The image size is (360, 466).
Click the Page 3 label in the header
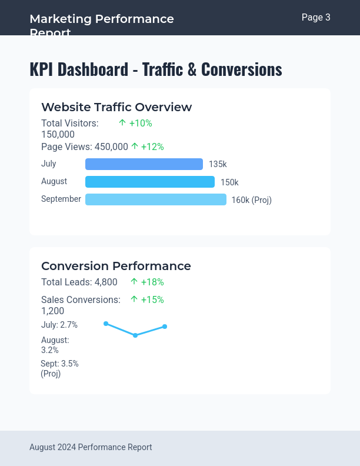pos(316,18)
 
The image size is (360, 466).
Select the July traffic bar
pos(144,164)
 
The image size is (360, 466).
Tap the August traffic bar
pos(150,182)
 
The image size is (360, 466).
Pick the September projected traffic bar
pos(156,199)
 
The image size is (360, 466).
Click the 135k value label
pos(218,165)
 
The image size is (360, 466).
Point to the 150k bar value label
pos(229,182)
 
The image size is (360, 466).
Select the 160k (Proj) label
pos(251,200)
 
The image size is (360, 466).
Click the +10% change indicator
pos(135,123)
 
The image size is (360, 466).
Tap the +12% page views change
pos(147,147)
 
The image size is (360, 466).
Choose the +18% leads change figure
pos(147,282)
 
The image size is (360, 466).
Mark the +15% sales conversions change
pos(147,299)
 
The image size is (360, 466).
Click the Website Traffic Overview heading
pos(116,107)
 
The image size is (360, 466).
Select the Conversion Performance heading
pos(116,266)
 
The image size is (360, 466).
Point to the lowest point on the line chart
pos(135,335)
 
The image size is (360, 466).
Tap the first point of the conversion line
pos(106,324)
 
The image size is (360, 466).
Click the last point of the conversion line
pos(165,327)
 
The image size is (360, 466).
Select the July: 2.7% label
pos(59,325)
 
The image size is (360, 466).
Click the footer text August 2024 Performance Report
pos(91,447)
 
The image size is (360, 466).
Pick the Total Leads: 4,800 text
pos(79,282)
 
